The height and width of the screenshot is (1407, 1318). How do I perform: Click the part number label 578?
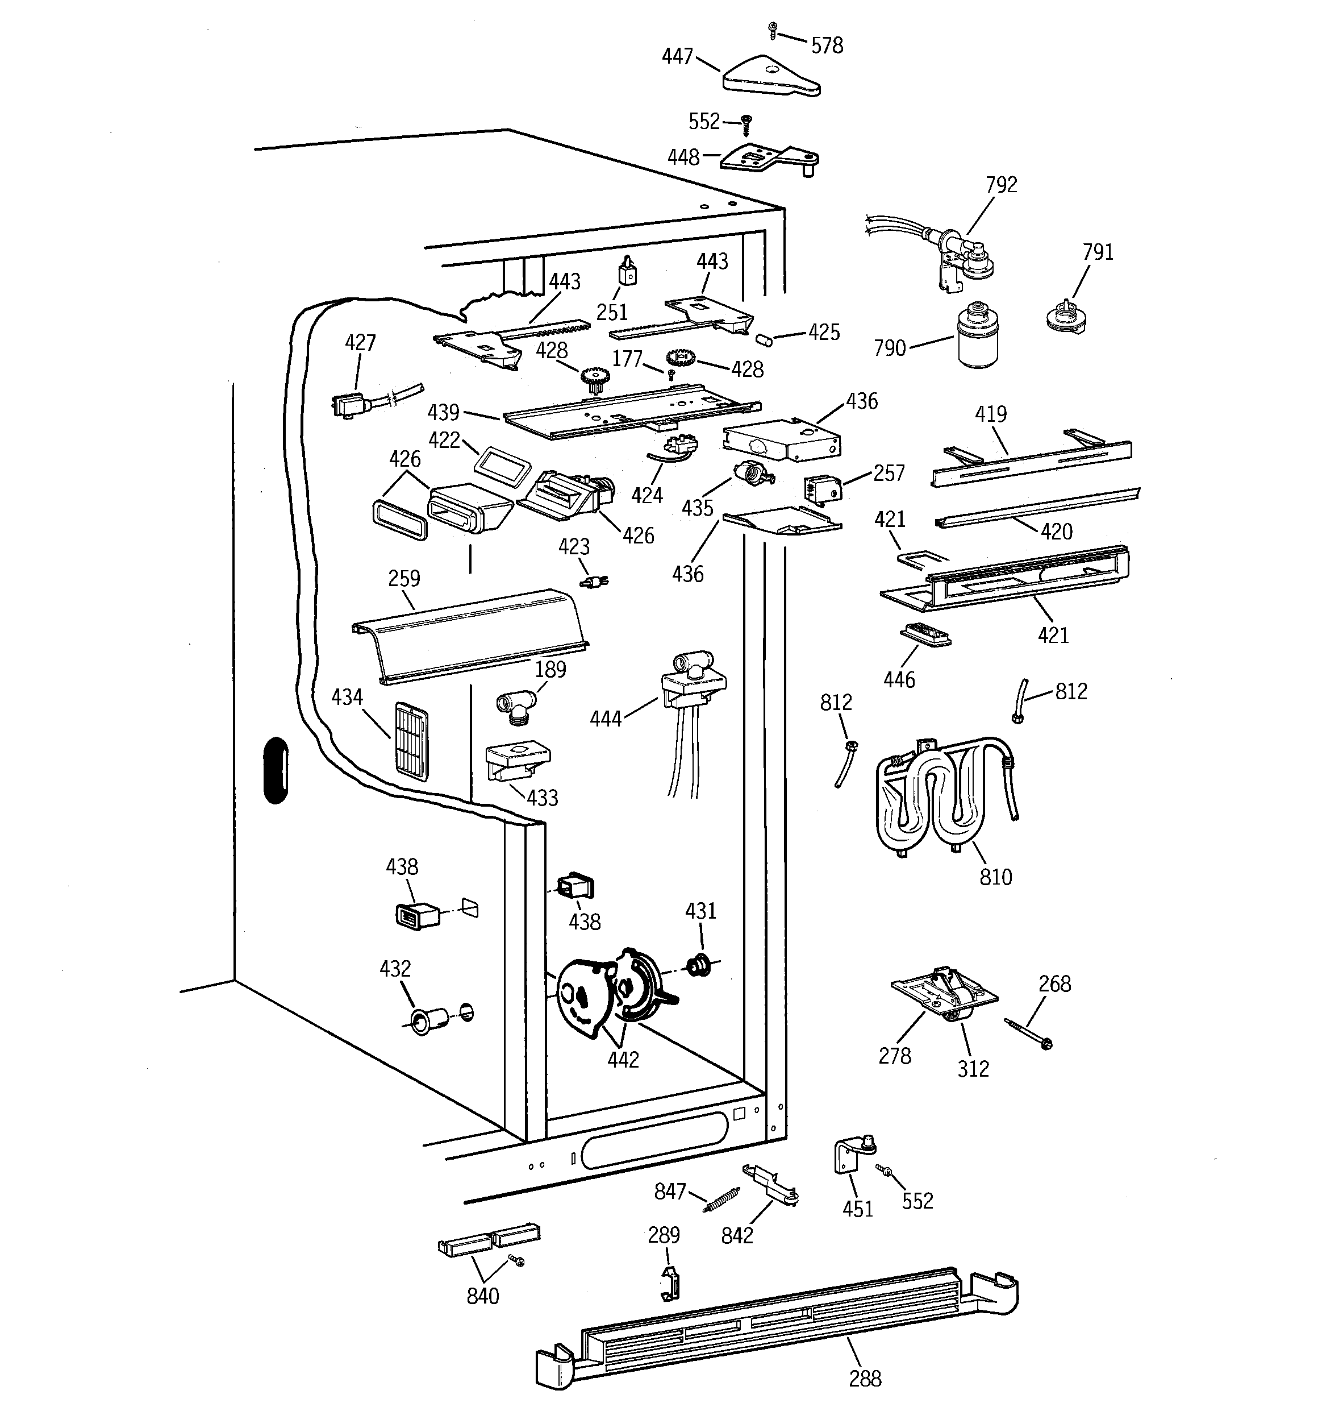pyautogui.click(x=827, y=46)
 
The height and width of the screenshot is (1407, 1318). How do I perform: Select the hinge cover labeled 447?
pyautogui.click(x=771, y=76)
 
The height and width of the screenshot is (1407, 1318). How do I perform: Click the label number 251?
pyautogui.click(x=612, y=312)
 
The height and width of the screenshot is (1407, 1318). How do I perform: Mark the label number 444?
pyautogui.click(x=606, y=719)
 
